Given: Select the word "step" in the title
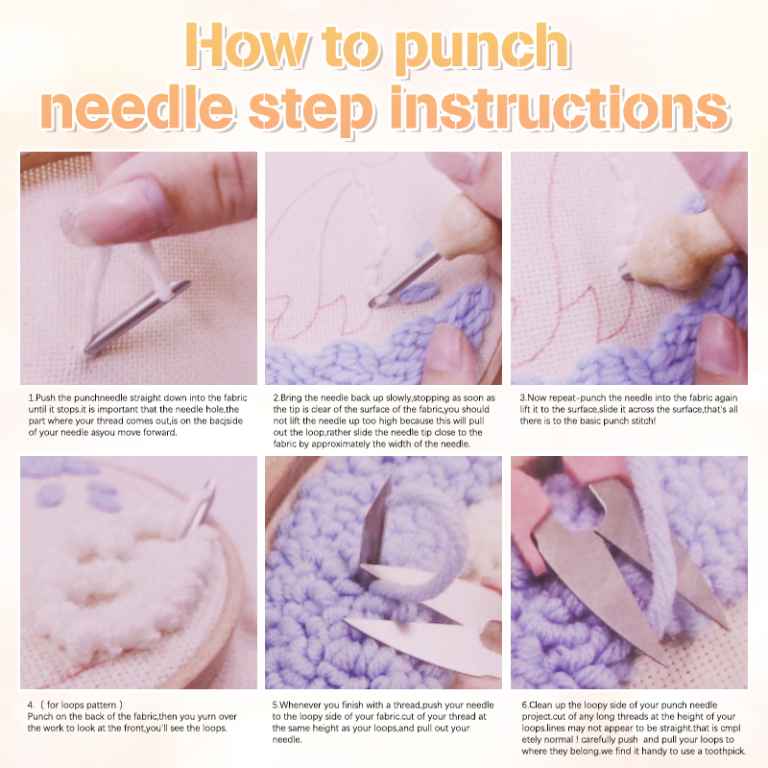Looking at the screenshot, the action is coord(312,110).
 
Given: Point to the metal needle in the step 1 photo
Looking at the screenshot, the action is coord(137,317).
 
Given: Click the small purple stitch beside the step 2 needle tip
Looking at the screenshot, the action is coord(418,293).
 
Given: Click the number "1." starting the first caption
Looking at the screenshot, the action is coord(32,397).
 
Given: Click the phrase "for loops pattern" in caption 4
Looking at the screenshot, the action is coord(82,705).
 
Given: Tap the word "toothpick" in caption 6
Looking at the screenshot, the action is coord(724,751).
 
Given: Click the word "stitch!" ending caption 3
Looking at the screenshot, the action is coord(641,420).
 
